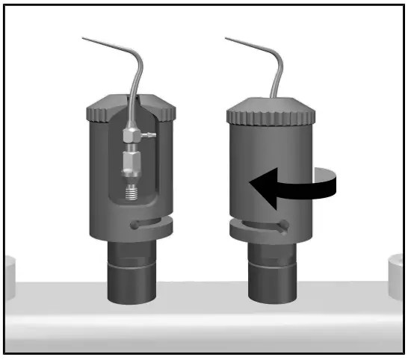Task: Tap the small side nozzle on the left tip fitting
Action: click(149, 134)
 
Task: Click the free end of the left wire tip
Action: click(84, 37)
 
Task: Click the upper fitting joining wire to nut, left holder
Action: click(131, 134)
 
